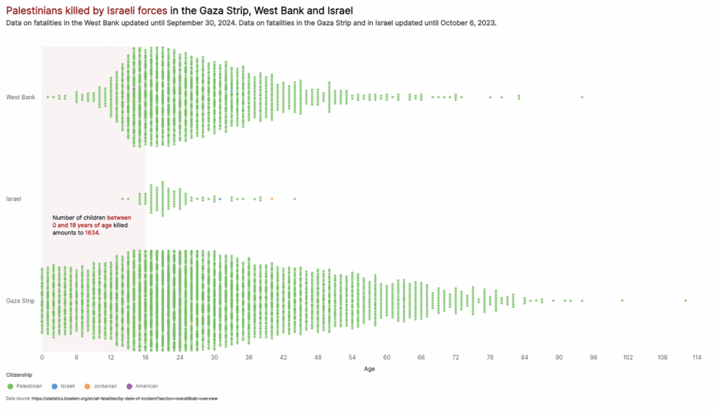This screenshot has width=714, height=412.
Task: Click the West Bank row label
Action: coord(21,97)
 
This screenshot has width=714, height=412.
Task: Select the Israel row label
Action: coord(14,199)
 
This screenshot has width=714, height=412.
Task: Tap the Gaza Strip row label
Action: coord(21,301)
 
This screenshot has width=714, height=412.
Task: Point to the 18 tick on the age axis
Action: coord(145,357)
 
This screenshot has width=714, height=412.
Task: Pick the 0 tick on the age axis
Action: coord(42,357)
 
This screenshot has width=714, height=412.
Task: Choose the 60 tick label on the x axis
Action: coord(387,357)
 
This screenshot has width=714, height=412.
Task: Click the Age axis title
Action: coord(369,369)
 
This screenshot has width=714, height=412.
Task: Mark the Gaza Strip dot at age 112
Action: coord(686,301)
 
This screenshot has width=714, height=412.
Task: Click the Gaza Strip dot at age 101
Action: coord(622,301)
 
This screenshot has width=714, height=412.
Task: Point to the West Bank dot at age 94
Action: coord(582,97)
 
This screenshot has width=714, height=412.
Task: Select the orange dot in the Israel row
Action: coord(271,199)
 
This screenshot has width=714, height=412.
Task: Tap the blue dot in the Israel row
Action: coord(220,199)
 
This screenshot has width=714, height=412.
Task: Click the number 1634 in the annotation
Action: coord(91,233)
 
